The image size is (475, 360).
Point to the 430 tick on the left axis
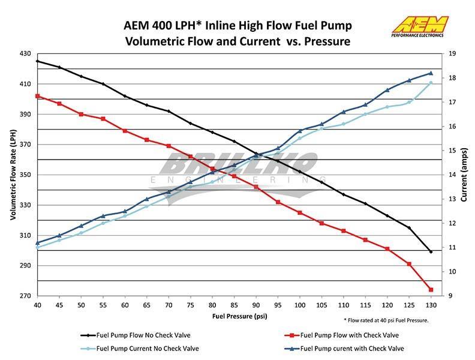pyautogui.click(x=26, y=53)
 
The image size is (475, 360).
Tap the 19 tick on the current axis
pyautogui.click(x=452, y=53)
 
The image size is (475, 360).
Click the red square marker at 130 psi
pyautogui.click(x=431, y=290)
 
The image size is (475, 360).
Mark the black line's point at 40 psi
pyautogui.click(x=37, y=61)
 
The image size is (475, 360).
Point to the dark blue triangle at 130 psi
pyautogui.click(x=431, y=73)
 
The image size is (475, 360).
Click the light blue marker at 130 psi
pyautogui.click(x=431, y=83)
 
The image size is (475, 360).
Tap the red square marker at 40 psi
pyautogui.click(x=37, y=96)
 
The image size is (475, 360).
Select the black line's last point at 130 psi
pyautogui.click(x=431, y=251)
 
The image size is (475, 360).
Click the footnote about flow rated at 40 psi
pyautogui.click(x=387, y=320)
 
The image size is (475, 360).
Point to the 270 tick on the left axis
pyautogui.click(x=26, y=296)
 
